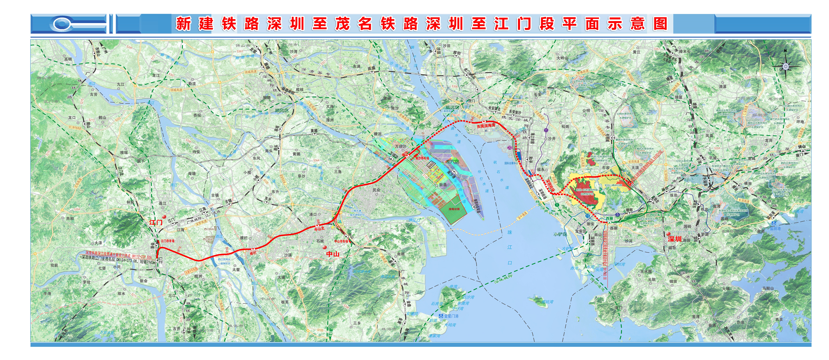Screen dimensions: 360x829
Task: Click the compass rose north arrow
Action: coord(785,66)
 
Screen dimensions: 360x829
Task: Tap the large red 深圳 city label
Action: coord(674,239)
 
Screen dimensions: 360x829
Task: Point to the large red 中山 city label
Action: coord(333,254)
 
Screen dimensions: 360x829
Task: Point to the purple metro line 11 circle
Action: coord(546,130)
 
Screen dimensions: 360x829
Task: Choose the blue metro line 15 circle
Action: coord(588,216)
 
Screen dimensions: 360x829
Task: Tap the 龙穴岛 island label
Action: coord(452,162)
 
